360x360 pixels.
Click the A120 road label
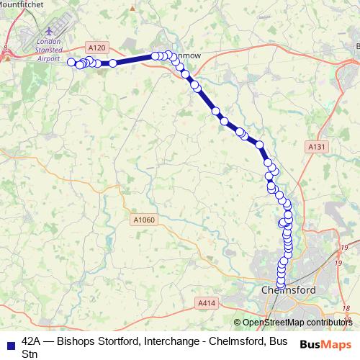point(99,48)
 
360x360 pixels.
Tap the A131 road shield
point(312,146)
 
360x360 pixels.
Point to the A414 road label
point(206,305)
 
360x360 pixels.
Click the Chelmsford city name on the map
point(287,289)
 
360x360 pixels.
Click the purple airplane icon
point(48,32)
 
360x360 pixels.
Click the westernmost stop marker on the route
point(71,62)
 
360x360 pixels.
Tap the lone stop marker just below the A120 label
point(113,63)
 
